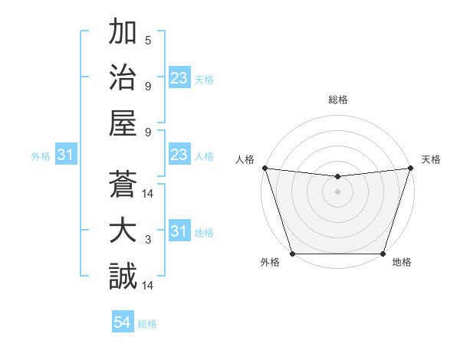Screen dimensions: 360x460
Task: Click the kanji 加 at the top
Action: click(x=123, y=35)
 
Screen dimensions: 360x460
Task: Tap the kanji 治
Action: click(x=123, y=80)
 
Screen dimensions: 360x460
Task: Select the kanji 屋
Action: click(x=123, y=125)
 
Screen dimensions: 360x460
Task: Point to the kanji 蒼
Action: click(x=123, y=186)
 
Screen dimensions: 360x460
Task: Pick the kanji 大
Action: click(x=123, y=231)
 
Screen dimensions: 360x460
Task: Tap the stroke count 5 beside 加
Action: click(x=148, y=41)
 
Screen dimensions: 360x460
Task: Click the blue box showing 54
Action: click(x=123, y=322)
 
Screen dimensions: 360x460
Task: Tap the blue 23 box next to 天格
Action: click(x=179, y=78)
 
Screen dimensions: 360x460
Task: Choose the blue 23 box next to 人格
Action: click(x=179, y=155)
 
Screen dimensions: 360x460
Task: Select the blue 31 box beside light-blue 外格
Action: click(x=66, y=155)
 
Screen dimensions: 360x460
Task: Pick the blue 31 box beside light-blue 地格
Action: click(x=179, y=231)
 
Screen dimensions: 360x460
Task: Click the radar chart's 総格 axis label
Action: click(x=337, y=100)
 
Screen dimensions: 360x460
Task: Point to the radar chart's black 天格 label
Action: click(x=432, y=159)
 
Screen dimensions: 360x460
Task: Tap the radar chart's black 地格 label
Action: click(x=402, y=263)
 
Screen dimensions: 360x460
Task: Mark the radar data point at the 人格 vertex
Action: click(x=264, y=168)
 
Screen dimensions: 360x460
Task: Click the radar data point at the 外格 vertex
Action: click(x=293, y=254)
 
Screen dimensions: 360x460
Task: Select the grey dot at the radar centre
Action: click(x=337, y=191)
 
